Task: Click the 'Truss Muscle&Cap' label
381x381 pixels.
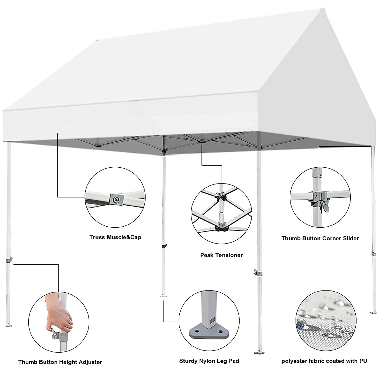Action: point(115,237)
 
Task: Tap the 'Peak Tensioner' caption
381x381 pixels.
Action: point(221,255)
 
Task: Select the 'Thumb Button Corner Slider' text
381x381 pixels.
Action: point(320,238)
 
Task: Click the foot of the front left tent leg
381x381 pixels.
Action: point(9,325)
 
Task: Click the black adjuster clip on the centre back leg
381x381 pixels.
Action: point(164,246)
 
